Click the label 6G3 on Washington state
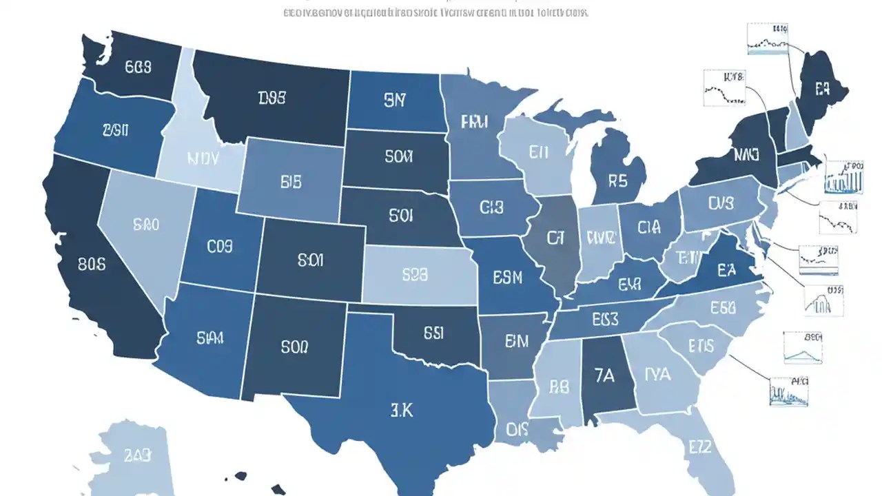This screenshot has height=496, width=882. tap(139, 67)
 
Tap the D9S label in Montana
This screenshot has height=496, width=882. tap(272, 99)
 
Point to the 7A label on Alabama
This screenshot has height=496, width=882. tap(603, 375)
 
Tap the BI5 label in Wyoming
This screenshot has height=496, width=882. tap(291, 182)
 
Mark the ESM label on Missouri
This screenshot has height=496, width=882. tap(508, 278)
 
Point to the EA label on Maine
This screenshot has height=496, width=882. tap(823, 87)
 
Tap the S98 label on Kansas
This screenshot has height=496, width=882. tap(415, 274)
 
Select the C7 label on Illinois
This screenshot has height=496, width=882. tap(555, 238)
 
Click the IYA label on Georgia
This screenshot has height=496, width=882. tap(657, 374)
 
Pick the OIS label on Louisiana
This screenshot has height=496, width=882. tap(517, 429)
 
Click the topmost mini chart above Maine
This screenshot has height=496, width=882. tap(767, 39)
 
